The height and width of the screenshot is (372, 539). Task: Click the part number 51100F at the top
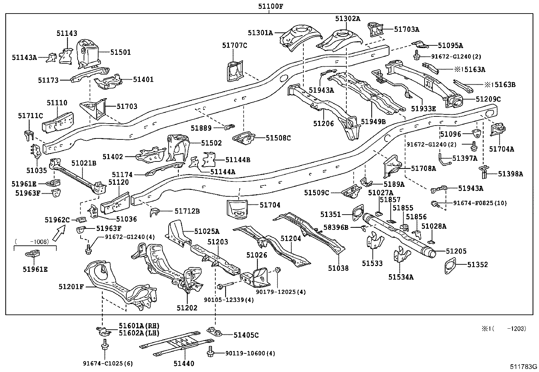[x=269, y=6]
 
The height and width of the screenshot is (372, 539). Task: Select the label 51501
[x=121, y=52]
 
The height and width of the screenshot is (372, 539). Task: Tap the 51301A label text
[x=260, y=32]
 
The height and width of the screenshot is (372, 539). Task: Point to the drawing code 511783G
[x=524, y=367]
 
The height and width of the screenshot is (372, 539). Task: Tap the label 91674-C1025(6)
[x=108, y=364]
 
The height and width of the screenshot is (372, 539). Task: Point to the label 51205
[x=456, y=251]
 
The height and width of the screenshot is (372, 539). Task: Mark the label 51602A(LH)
[x=139, y=333]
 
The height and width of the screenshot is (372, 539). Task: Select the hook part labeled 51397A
[x=443, y=159]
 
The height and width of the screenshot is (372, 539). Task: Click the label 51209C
[x=488, y=99]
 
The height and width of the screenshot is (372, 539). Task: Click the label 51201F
[x=71, y=287]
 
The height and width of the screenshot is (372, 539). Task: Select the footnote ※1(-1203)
[x=504, y=328]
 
